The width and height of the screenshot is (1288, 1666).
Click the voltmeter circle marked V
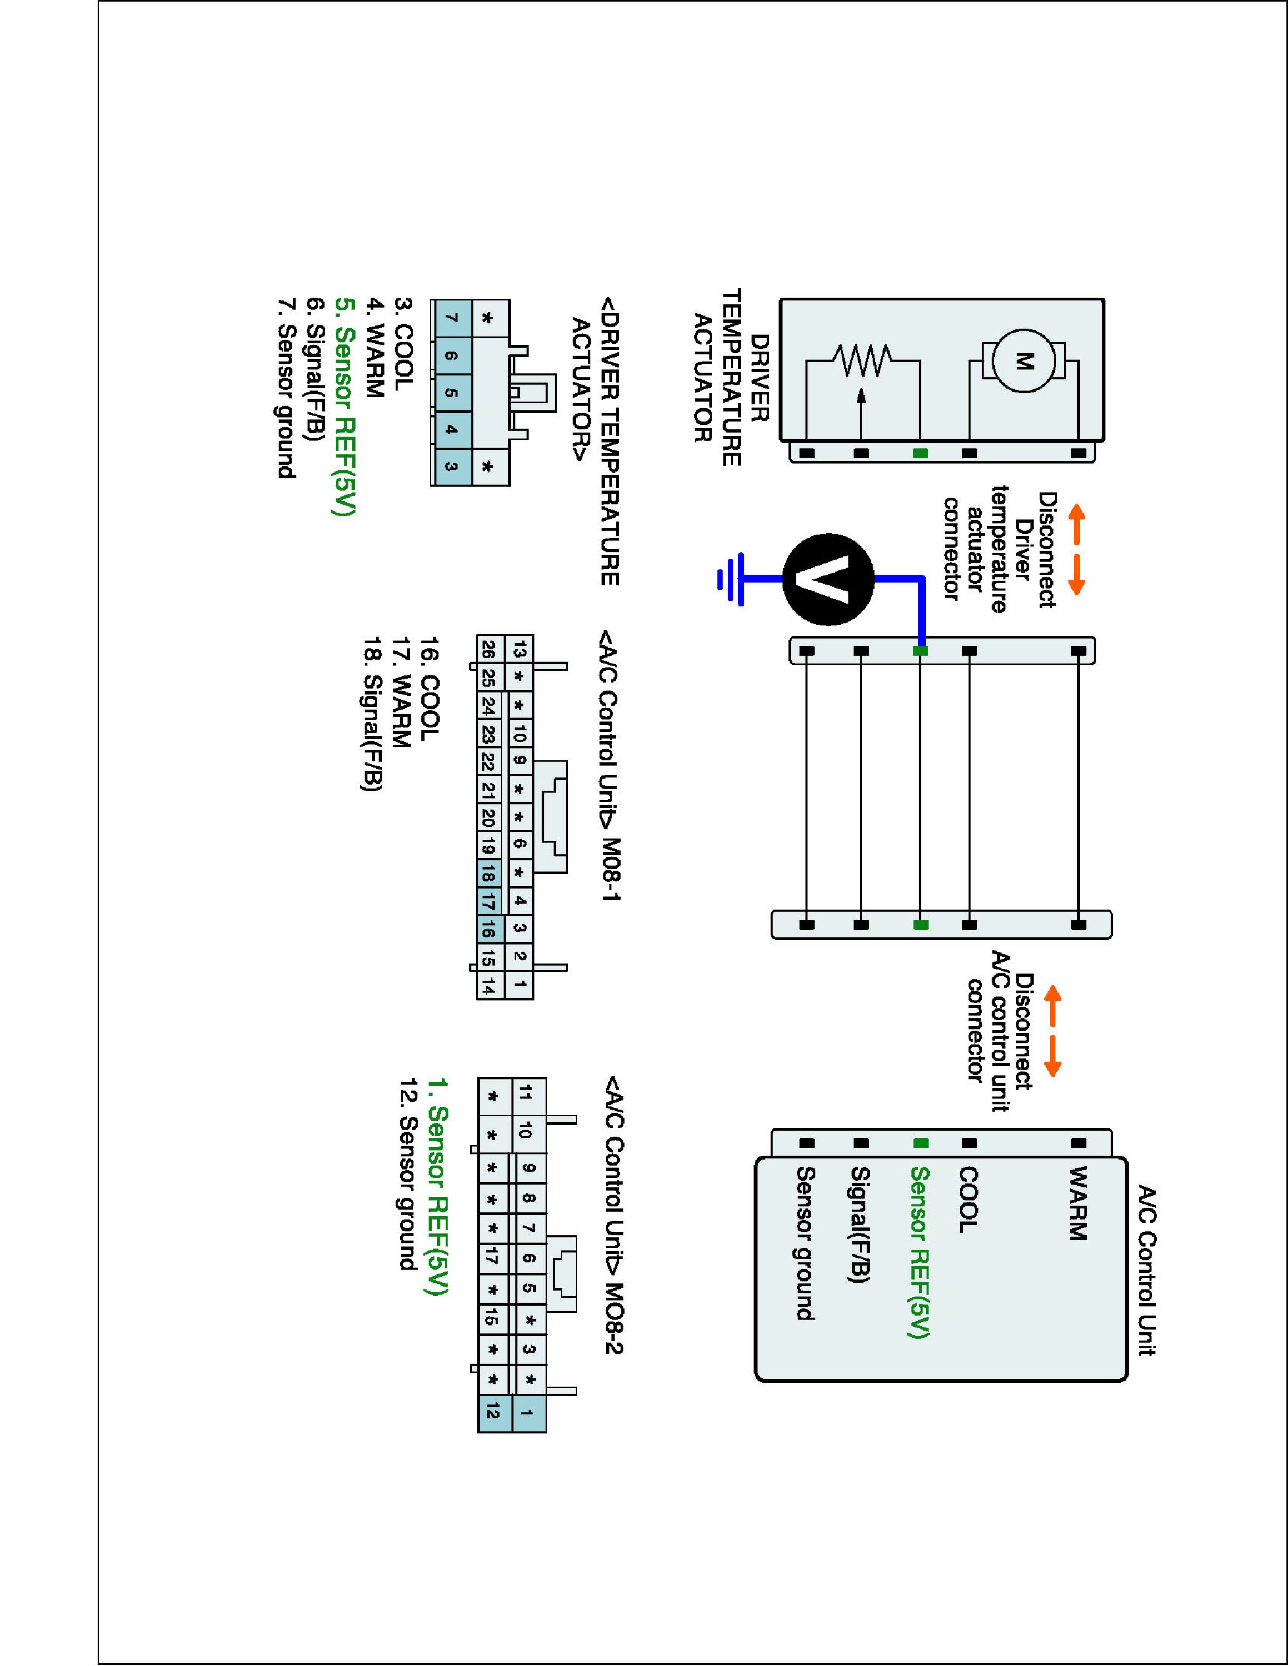click(x=828, y=580)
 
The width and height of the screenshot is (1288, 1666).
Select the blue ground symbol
click(x=731, y=580)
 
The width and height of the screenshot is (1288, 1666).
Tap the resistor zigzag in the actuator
click(x=863, y=361)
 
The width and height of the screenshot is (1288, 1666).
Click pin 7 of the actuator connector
click(x=451, y=318)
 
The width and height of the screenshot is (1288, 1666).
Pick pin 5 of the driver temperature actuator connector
click(x=451, y=393)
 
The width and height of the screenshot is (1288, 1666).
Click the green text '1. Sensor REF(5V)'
click(x=437, y=1186)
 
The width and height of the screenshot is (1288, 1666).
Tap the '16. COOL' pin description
click(x=429, y=686)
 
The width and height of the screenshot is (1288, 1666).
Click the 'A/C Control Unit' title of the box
click(x=1147, y=1269)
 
